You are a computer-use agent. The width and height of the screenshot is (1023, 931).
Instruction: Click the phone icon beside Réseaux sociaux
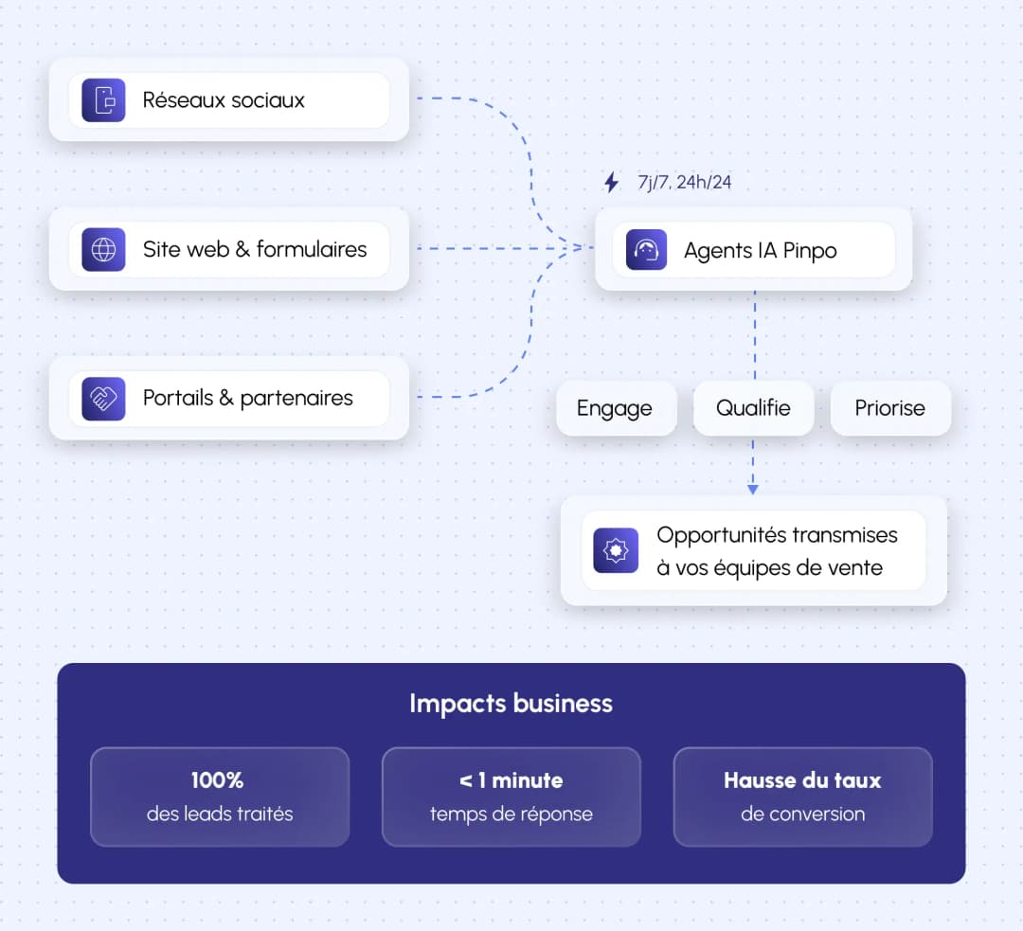click(103, 100)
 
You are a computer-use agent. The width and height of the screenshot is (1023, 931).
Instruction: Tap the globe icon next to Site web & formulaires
click(103, 250)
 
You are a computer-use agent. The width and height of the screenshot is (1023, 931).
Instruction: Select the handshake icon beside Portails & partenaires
click(103, 399)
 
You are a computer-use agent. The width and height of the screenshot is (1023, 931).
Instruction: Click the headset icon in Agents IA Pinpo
click(646, 251)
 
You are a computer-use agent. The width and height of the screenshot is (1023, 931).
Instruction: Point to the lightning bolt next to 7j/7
click(611, 182)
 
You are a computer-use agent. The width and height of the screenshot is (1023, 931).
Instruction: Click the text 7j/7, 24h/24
click(685, 182)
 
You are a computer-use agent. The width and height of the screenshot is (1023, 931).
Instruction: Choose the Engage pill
click(615, 409)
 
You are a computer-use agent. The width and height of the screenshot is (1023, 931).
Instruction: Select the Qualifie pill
click(753, 408)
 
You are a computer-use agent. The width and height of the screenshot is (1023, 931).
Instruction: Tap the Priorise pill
click(889, 408)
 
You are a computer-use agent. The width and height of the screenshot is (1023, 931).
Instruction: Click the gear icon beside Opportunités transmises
click(616, 550)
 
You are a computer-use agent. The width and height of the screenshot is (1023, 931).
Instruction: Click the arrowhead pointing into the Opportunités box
click(753, 489)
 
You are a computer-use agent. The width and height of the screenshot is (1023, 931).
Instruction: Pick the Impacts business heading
click(511, 704)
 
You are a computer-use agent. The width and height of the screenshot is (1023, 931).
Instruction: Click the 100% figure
click(218, 780)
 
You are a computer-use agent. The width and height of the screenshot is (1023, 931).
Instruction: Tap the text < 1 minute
click(511, 780)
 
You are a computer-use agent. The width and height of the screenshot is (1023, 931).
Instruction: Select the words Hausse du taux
click(802, 780)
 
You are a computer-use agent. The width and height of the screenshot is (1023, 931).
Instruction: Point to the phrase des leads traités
click(220, 814)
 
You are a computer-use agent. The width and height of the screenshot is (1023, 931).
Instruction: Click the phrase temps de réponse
click(511, 814)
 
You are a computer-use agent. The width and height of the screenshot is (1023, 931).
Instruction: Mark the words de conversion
click(802, 814)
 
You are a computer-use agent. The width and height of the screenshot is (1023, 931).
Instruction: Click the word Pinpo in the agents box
click(810, 252)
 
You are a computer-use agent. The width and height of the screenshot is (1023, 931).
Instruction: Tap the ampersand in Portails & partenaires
click(225, 398)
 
